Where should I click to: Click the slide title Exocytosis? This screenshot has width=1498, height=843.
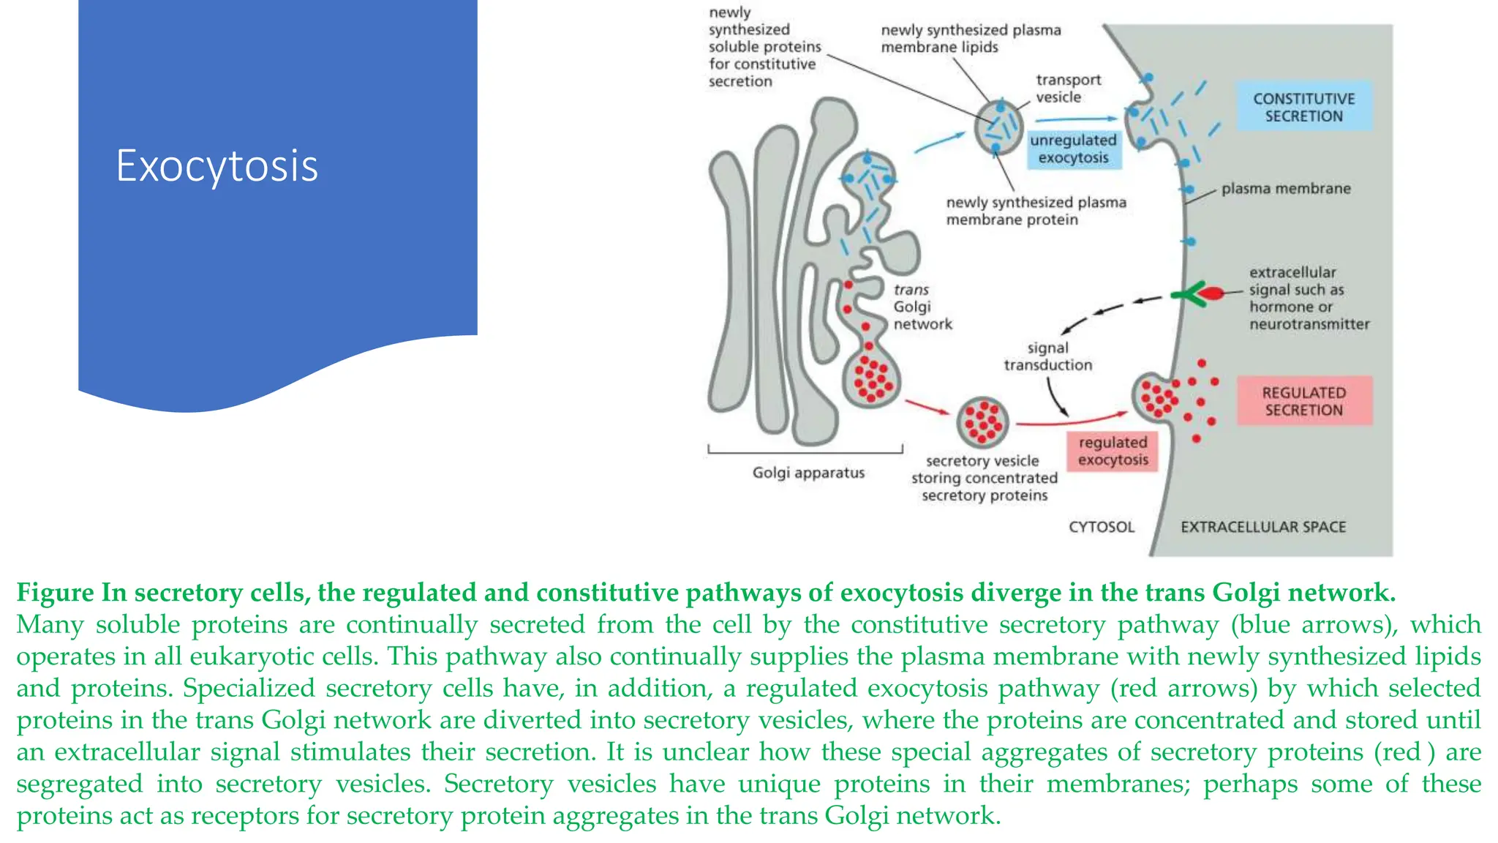(x=217, y=166)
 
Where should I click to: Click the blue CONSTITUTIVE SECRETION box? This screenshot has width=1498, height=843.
(x=1303, y=107)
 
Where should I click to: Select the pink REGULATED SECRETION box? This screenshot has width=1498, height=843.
(x=1303, y=401)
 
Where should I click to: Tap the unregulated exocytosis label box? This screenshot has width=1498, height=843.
(x=1073, y=149)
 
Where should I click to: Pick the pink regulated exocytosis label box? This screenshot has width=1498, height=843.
(x=1113, y=451)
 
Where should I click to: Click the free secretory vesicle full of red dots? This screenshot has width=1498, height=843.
(x=982, y=422)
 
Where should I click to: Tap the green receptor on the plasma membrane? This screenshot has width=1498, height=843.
(x=1189, y=294)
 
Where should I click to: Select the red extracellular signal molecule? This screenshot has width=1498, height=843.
(x=1211, y=294)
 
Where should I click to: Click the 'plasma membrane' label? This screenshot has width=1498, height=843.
(x=1285, y=189)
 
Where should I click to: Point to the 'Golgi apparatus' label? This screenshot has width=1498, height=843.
(x=808, y=473)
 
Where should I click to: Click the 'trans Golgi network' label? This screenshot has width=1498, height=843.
(x=922, y=307)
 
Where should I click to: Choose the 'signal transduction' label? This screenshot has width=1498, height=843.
(x=1047, y=356)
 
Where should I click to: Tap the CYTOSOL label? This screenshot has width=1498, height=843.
(x=1101, y=527)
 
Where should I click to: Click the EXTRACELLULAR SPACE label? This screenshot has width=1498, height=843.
(x=1262, y=527)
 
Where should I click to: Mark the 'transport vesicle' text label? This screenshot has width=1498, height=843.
(x=1068, y=89)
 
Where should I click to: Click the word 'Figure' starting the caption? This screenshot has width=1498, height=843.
(x=56, y=592)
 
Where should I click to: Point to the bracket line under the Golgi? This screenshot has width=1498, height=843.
(x=805, y=452)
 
